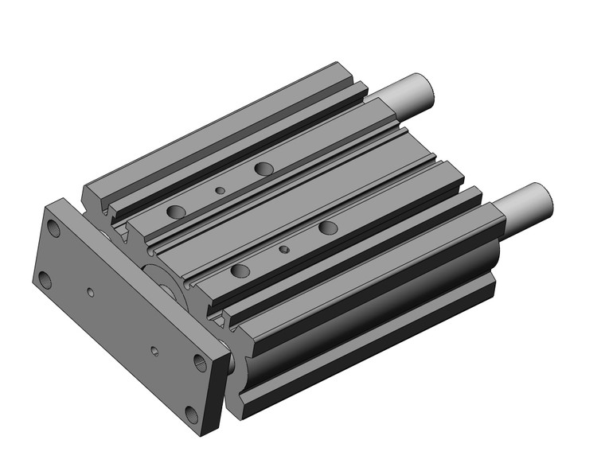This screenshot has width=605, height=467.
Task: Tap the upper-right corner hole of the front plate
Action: [x=201, y=364]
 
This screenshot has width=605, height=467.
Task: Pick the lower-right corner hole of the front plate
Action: [x=191, y=413]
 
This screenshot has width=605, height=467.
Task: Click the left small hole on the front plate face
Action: [x=92, y=293]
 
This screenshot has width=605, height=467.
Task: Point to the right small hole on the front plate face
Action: [x=155, y=350]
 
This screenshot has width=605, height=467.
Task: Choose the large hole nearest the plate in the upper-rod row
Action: [x=177, y=212]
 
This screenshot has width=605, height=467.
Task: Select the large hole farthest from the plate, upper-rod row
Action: [x=263, y=168]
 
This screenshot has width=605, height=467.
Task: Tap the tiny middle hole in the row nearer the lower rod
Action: [x=284, y=250]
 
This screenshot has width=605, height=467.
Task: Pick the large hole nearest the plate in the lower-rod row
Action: [x=240, y=271]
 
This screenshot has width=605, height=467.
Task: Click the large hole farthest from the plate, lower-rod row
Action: [x=328, y=228]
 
